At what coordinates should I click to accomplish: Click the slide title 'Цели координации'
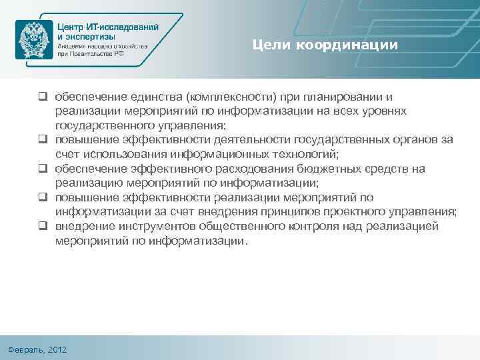325,45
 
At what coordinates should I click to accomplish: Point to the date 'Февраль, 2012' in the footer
39,350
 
